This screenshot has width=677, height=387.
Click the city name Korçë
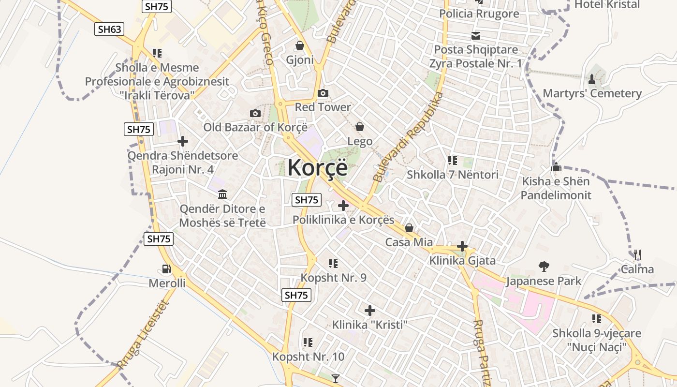point(317,167)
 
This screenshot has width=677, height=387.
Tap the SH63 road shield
point(109,29)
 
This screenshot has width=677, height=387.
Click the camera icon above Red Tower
point(323,93)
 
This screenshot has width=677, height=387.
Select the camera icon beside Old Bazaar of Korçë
point(255,113)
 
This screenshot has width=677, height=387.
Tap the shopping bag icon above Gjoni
point(300,46)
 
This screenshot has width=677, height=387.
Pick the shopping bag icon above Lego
point(360,127)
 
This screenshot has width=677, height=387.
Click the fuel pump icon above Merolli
point(166,269)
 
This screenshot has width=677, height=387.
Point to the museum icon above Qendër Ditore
point(222,194)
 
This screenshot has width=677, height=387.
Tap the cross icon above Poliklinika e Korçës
point(343,206)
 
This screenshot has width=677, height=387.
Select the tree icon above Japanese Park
point(544,266)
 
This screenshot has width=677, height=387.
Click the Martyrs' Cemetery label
point(592,93)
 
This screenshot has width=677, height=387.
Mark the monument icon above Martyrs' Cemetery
point(591,78)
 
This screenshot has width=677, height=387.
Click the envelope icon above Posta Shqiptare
point(476,35)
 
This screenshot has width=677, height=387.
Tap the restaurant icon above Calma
point(637,254)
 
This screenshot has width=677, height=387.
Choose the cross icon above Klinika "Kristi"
point(370,310)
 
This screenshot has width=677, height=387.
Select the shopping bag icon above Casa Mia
point(409,228)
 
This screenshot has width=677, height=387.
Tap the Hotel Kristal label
point(607,4)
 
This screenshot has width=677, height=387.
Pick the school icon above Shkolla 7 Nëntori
point(453,160)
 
